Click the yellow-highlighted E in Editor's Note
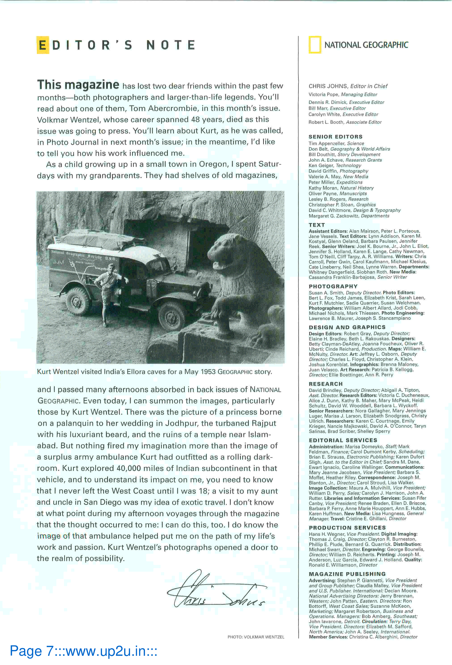[43, 45]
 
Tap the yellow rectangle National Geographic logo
[315, 45]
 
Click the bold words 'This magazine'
[78, 85]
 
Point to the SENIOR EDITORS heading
[335, 137]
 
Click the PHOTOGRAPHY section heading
[333, 286]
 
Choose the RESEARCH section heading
[326, 384]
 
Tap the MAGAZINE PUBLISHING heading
[347, 574]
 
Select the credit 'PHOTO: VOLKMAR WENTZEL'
[256, 637]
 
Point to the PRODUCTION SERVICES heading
[347, 527]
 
